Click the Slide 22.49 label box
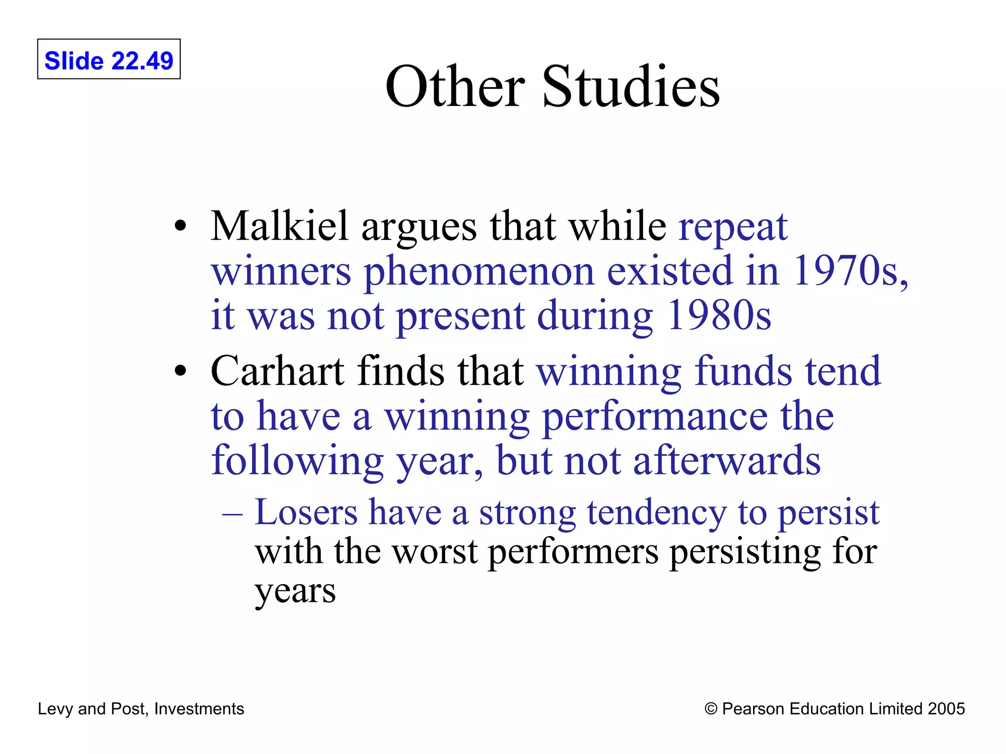[109, 59]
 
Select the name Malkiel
[279, 226]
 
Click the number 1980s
[718, 315]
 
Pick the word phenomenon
[478, 272]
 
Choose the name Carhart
[277, 371]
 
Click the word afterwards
[727, 460]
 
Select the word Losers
[306, 512]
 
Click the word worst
[435, 552]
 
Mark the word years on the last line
[295, 592]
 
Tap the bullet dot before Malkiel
[181, 226]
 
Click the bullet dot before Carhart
[181, 371]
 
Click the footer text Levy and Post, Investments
[141, 709]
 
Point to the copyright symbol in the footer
[710, 709]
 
